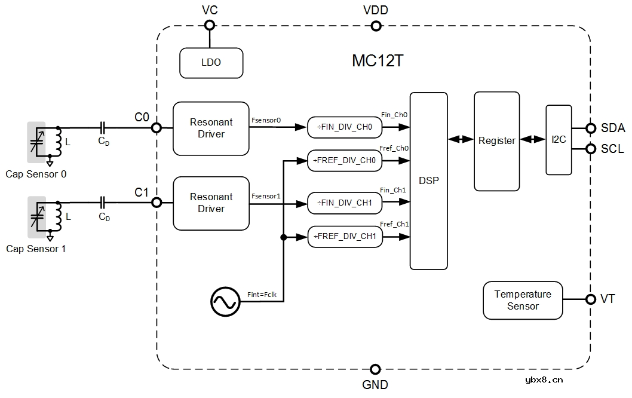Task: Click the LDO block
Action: pos(211,62)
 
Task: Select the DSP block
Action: pos(428,180)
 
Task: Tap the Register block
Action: pos(496,141)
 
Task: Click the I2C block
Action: pos(559,140)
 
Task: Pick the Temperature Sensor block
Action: pos(523,300)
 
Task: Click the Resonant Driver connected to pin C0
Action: pos(211,128)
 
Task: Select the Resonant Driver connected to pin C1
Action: pos(211,203)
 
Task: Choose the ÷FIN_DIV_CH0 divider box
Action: pos(343,127)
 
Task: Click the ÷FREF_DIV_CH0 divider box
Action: pos(343,160)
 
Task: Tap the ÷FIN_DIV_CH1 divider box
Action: pos(343,203)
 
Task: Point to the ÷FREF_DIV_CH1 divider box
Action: pos(343,236)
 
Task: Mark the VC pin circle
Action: pos(210,26)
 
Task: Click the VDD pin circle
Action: pos(376,26)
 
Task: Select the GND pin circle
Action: pos(376,369)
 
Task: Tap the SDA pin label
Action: pos(613,128)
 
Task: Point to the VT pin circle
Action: pos(591,299)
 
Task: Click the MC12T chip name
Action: pos(377,61)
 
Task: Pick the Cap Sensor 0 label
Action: pos(36,174)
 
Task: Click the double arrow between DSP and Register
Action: pos(461,140)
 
